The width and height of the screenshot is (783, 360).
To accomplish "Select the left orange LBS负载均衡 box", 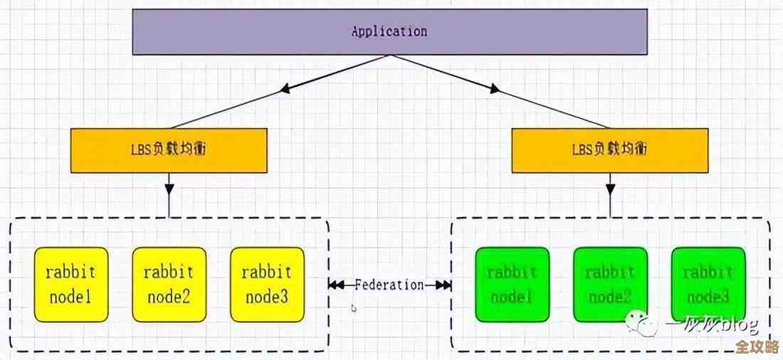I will coord(169,150).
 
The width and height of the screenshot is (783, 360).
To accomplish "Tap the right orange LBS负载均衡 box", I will coord(610,150).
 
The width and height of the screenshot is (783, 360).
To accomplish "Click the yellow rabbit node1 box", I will coord(71,285).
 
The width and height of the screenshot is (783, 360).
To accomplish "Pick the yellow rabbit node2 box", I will coord(169,285).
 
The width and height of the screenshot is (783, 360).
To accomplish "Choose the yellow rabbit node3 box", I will coord(267,285).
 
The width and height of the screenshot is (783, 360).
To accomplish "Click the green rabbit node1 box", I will coord(513,285).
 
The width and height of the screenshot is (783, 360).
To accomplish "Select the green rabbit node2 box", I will coord(610,285).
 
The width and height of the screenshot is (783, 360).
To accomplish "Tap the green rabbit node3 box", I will coord(708,285).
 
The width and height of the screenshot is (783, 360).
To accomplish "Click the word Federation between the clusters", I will coord(389,285).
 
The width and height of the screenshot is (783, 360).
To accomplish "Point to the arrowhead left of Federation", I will coord(337,285).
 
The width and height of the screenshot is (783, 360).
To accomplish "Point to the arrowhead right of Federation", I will coord(443,285).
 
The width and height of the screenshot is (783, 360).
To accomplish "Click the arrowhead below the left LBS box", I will coord(169,190).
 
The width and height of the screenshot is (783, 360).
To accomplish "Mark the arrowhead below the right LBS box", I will coord(610,190).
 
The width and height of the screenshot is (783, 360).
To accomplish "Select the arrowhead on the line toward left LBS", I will coord(285,89).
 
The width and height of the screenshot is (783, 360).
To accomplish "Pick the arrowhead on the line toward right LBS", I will coord(494,89).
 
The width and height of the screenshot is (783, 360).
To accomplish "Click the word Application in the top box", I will coord(389,32).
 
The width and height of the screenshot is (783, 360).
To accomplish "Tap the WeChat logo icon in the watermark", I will coord(647,326).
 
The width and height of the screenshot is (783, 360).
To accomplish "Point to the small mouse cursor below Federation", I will coord(354,309).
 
